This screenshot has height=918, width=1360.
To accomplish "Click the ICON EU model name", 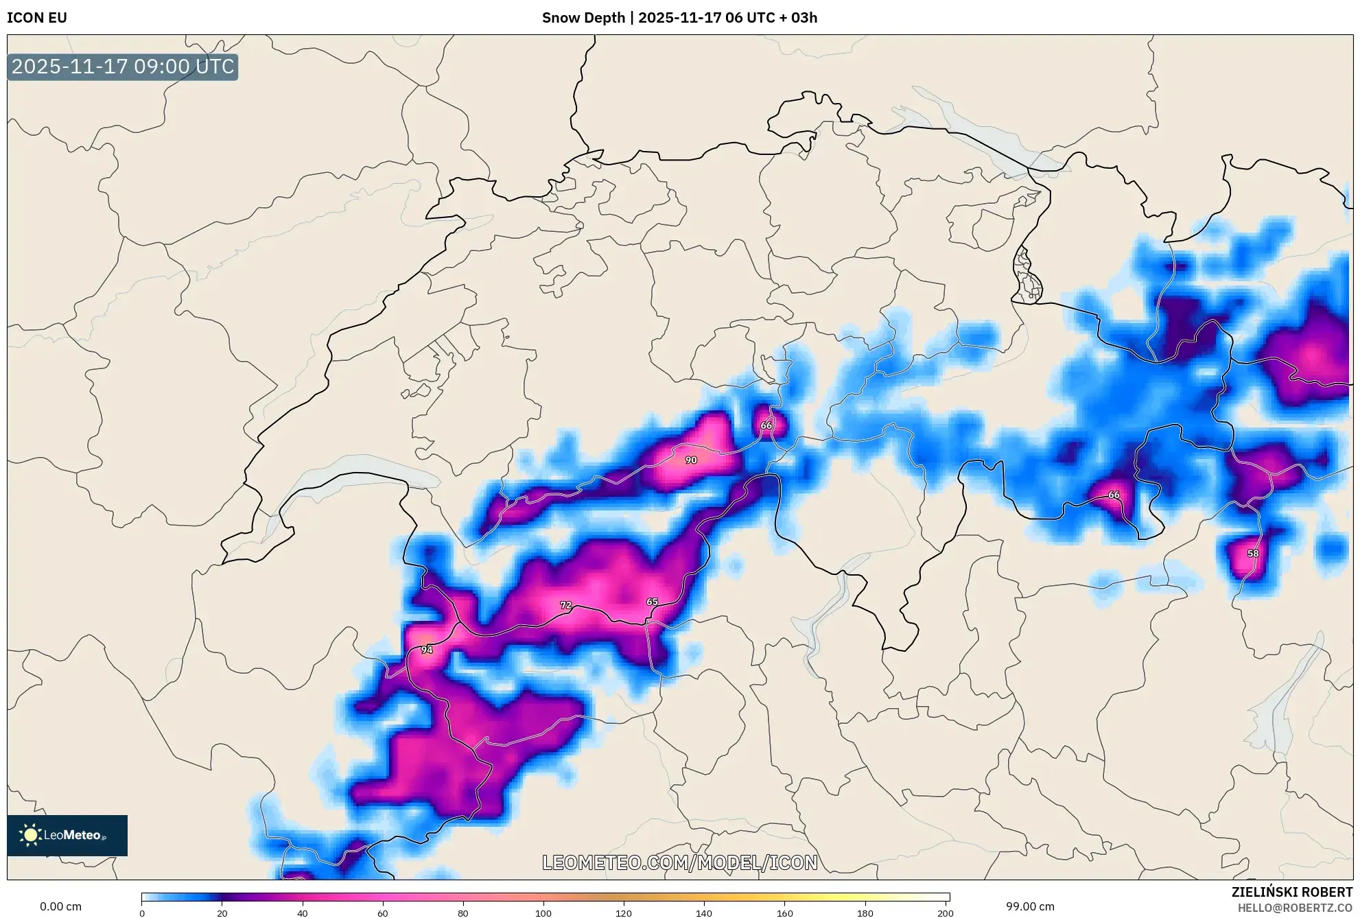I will pyautogui.click(x=37, y=18).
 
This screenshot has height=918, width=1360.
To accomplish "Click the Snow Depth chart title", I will pyautogui.click(x=679, y=18).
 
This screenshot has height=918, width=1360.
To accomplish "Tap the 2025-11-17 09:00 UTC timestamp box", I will pyautogui.click(x=123, y=67).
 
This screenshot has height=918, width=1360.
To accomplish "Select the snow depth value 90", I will pyautogui.click(x=691, y=460).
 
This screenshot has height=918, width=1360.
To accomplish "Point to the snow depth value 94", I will pyautogui.click(x=427, y=650).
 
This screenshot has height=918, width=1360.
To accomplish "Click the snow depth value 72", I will pyautogui.click(x=565, y=605).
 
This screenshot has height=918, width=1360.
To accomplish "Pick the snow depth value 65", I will pyautogui.click(x=652, y=602).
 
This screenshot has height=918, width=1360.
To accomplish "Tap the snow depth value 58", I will pyautogui.click(x=1253, y=554).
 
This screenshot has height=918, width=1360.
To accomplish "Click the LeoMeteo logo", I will pyautogui.click(x=67, y=835).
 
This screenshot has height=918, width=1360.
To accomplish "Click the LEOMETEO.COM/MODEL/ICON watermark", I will pyautogui.click(x=679, y=862).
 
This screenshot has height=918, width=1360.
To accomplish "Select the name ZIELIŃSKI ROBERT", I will pyautogui.click(x=1291, y=892).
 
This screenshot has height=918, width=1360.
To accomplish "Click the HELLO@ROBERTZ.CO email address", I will pyautogui.click(x=1294, y=908).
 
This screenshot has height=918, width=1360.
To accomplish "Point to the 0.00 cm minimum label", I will pyautogui.click(x=60, y=906).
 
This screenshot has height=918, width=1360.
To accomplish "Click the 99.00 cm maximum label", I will pyautogui.click(x=1030, y=906).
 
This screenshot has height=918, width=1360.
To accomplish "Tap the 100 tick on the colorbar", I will pyautogui.click(x=543, y=913).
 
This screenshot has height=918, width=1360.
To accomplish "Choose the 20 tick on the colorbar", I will pyautogui.click(x=222, y=913).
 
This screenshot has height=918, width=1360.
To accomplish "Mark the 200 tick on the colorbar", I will pyautogui.click(x=945, y=913).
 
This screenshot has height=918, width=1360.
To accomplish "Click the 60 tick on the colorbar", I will pyautogui.click(x=383, y=913).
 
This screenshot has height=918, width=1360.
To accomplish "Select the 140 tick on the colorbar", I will pyautogui.click(x=704, y=913).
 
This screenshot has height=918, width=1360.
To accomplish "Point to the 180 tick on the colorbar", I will pyautogui.click(x=865, y=913).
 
